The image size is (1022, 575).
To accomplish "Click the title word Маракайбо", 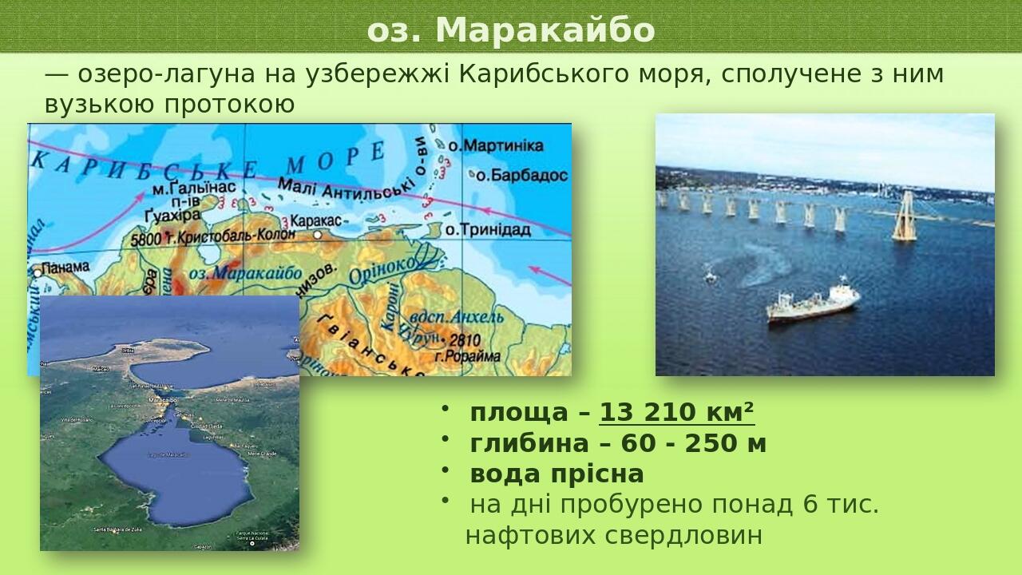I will (x=545, y=31).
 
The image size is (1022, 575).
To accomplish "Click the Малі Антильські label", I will (x=347, y=188).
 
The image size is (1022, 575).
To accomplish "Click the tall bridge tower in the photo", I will (x=905, y=216).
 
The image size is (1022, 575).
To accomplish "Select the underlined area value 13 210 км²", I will (x=677, y=413).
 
